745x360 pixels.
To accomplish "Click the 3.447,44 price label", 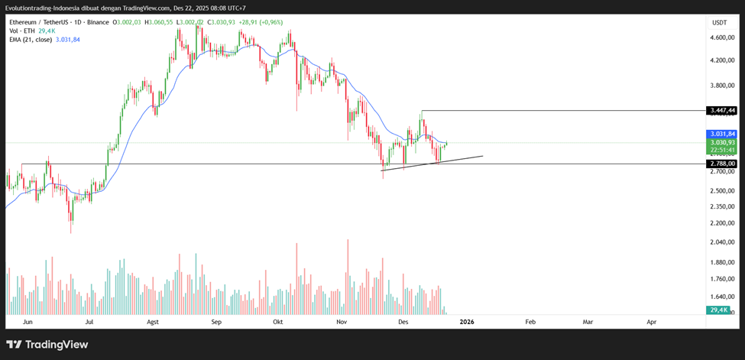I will pyautogui.click(x=721, y=111).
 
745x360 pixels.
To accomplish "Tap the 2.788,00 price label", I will pyautogui.click(x=721, y=164).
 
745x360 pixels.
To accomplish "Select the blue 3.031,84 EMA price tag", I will pyautogui.click(x=721, y=134).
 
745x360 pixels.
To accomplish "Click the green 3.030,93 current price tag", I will pyautogui.click(x=721, y=142).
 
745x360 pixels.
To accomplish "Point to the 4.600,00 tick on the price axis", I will pyautogui.click(x=721, y=37).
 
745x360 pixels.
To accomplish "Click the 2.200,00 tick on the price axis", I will pyautogui.click(x=721, y=223).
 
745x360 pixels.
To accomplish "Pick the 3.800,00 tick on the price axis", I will pyautogui.click(x=721, y=86).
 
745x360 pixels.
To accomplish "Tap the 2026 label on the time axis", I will pyautogui.click(x=467, y=322).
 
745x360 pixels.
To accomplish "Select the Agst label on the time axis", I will pyautogui.click(x=153, y=322).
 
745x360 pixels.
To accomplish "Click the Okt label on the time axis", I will pyautogui.click(x=278, y=322).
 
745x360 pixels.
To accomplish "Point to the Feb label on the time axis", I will pyautogui.click(x=530, y=322).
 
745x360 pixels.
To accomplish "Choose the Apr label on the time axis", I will pyautogui.click(x=652, y=322).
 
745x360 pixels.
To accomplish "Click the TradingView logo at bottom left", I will pyautogui.click(x=47, y=345).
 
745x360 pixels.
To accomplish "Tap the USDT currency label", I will pyautogui.click(x=719, y=22).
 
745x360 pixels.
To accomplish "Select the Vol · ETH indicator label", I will pyautogui.click(x=21, y=31).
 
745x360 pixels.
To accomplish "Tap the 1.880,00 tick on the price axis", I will pyautogui.click(x=721, y=262).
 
